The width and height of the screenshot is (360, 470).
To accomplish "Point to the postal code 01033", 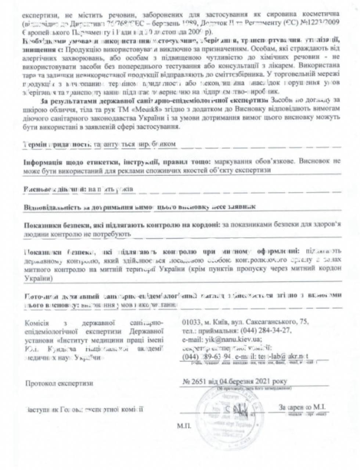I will coord(191,322).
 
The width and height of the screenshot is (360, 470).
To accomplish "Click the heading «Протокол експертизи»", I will coord(59,383).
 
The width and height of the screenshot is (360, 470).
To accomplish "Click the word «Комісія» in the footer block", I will coord(36,323).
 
